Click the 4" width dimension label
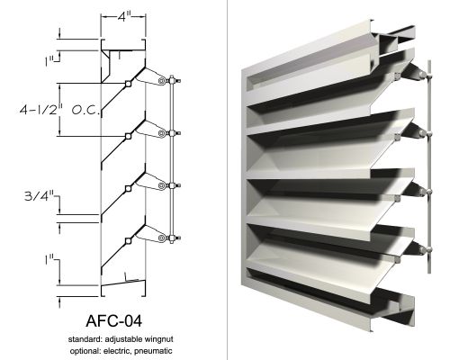[123, 17]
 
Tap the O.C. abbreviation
[85, 111]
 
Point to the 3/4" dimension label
[40, 196]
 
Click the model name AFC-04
[113, 320]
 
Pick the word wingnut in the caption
[158, 339]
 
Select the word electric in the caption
[117, 350]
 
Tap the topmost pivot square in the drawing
[128, 84]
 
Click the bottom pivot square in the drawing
[128, 240]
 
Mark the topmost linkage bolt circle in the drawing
[162, 81]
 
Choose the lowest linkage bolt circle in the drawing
[162, 238]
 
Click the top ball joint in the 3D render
[422, 74]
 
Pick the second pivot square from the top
[128, 136]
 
